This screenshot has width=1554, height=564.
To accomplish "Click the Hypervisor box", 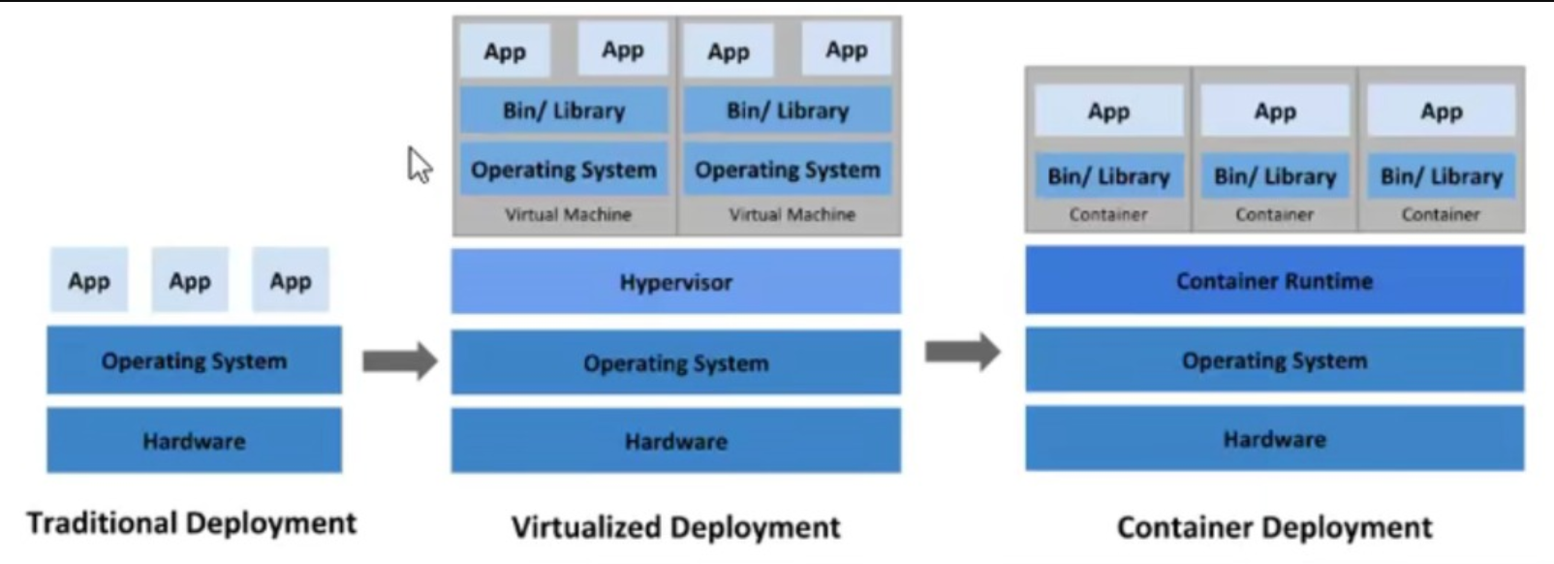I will click(675, 282).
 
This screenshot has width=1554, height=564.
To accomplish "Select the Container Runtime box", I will click(1274, 281).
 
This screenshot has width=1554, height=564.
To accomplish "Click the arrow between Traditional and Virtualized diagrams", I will click(399, 361).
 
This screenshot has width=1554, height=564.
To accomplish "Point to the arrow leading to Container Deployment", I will click(962, 352).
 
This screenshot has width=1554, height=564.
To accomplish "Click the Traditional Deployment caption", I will click(192, 523).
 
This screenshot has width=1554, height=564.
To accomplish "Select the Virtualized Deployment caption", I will click(675, 527).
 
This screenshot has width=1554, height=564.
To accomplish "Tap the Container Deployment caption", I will click(1274, 527).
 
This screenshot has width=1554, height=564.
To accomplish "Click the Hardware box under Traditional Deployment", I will click(194, 441).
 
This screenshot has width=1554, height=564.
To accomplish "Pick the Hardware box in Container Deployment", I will click(1274, 439).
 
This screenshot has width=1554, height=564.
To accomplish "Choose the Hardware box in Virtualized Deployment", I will click(675, 441).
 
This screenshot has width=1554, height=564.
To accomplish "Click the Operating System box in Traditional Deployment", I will click(194, 360).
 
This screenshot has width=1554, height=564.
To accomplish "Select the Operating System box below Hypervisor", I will click(675, 362).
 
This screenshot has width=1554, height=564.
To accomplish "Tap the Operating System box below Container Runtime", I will click(1274, 360).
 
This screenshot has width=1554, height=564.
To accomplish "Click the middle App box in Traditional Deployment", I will click(190, 281).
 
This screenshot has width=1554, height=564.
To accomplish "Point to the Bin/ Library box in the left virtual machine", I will click(564, 110).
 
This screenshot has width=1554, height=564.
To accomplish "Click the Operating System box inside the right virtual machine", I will click(788, 170).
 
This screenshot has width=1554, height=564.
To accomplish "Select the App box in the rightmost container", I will click(1441, 111).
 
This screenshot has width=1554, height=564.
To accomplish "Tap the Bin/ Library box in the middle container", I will click(1274, 175).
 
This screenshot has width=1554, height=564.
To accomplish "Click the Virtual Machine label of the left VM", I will click(568, 214).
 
